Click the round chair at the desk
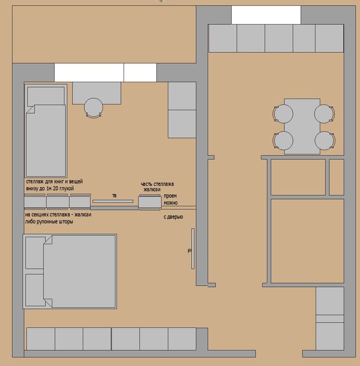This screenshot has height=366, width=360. pyautogui.click(x=93, y=107)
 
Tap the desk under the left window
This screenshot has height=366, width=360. pyautogui.click(x=97, y=93)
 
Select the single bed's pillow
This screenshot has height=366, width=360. pyautogui.click(x=46, y=96)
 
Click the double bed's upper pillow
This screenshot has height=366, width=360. pyautogui.click(x=35, y=252)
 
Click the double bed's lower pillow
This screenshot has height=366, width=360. pyautogui.click(x=35, y=290)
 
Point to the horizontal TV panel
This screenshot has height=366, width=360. pyautogui.click(x=113, y=201)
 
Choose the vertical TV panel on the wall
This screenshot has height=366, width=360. pyautogui.click(x=193, y=249)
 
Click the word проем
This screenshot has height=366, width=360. pyautogui.click(x=170, y=196)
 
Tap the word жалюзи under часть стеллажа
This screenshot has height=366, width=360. pyautogui.click(x=152, y=189)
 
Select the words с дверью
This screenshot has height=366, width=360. pyautogui.click(x=173, y=217)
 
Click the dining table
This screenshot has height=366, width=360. pyautogui.click(x=302, y=126)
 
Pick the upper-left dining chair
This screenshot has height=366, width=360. pyautogui.click(x=283, y=114)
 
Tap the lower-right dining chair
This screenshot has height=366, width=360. pyautogui.click(x=324, y=140)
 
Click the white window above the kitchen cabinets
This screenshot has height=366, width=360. pyautogui.click(x=266, y=15)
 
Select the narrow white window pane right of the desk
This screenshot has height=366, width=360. pyautogui.click(x=140, y=73)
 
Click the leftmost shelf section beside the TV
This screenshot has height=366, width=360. pyautogui.click(x=35, y=202)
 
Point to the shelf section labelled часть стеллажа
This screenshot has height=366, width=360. pyautogui.click(x=150, y=202)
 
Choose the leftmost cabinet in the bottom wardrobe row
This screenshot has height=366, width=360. pyautogui.click(x=41, y=339)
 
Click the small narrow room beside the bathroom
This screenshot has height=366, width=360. pyautogui.click(x=337, y=177)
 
